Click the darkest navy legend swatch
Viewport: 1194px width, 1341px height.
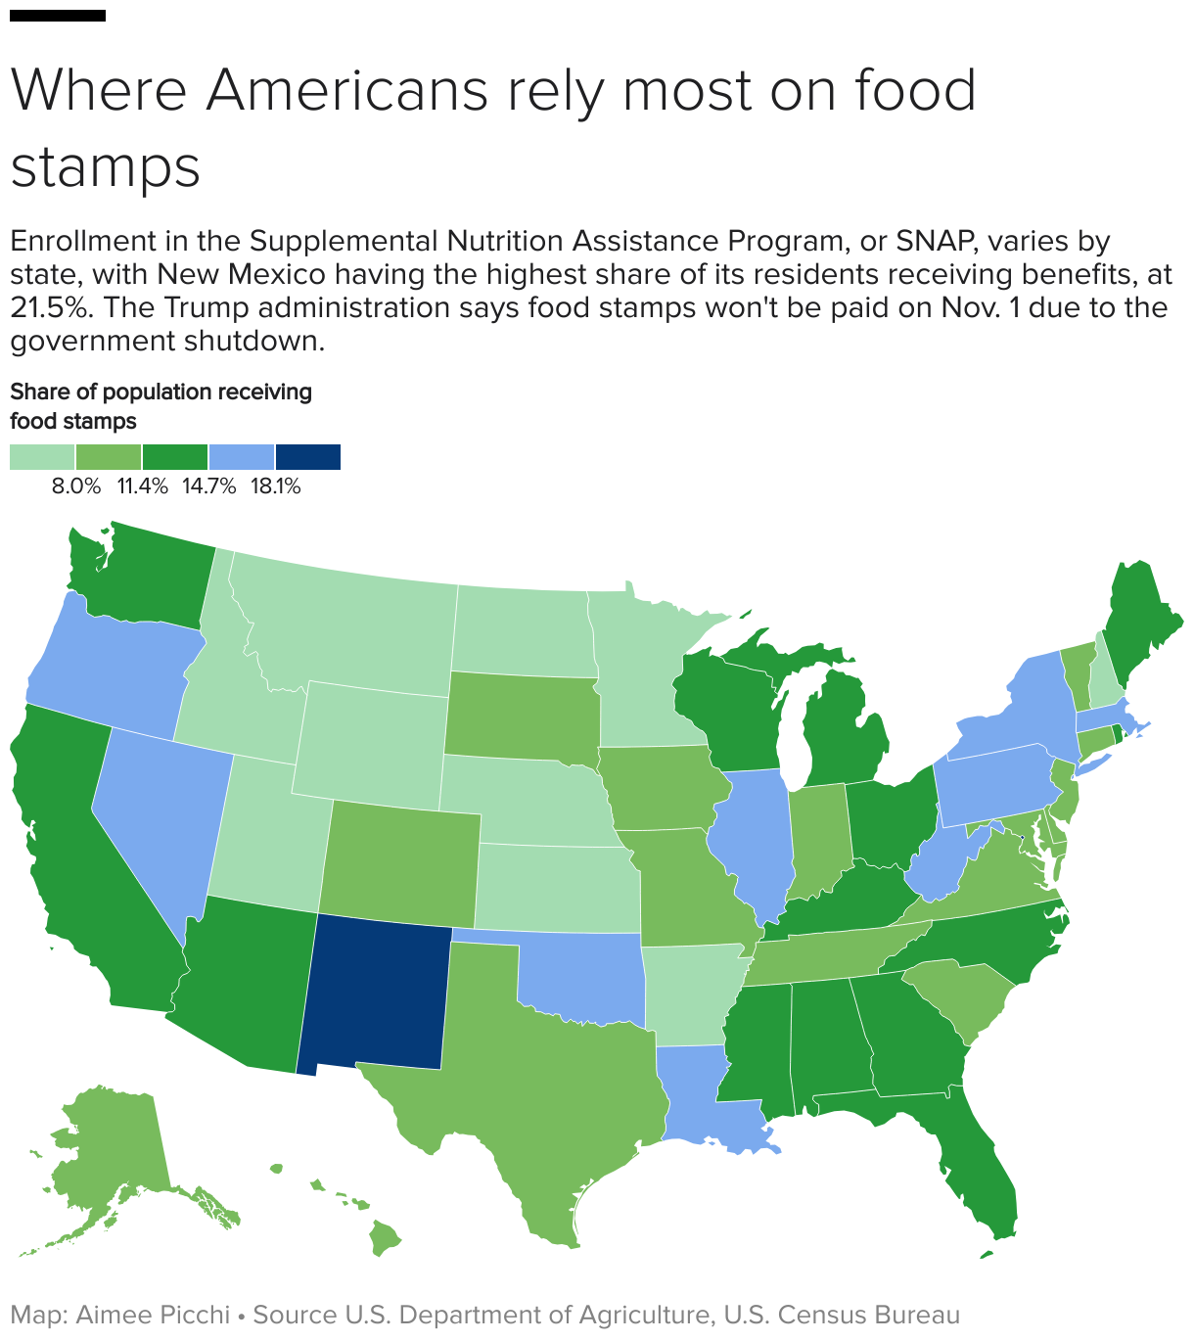click(x=308, y=457)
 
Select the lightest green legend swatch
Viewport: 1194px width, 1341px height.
click(x=42, y=457)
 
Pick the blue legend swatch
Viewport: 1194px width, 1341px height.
click(x=242, y=457)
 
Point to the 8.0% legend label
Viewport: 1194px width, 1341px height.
click(x=76, y=486)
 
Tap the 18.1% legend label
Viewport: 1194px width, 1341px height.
click(x=275, y=486)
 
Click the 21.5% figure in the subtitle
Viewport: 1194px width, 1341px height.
click(x=49, y=307)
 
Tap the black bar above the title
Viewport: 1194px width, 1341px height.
click(x=57, y=16)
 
